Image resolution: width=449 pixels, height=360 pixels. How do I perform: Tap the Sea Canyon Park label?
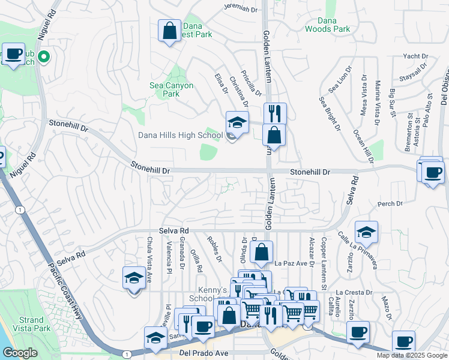point(171,89)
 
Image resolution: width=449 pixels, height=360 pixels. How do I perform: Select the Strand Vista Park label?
point(35,324)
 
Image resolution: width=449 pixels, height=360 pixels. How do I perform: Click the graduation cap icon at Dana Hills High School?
point(237,123)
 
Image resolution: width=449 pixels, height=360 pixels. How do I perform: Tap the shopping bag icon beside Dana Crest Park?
point(170,30)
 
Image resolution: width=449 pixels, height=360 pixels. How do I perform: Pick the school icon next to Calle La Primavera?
point(366,232)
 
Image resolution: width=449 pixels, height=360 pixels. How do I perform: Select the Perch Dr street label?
point(390,204)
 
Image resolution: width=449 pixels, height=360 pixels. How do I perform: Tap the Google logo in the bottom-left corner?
point(20,353)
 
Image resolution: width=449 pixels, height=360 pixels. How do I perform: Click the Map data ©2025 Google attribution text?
point(412,355)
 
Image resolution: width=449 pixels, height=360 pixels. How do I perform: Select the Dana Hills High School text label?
point(180,135)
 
